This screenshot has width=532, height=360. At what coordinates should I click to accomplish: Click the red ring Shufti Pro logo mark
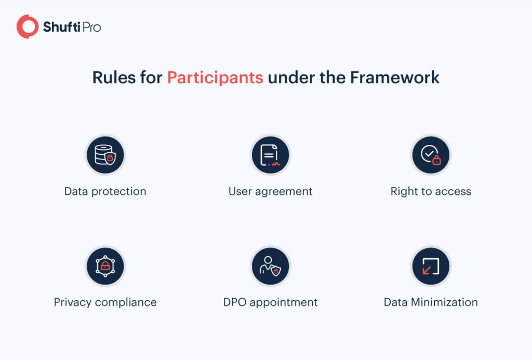pyautogui.click(x=28, y=26)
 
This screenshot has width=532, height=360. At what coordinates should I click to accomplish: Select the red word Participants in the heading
pyautogui.click(x=215, y=77)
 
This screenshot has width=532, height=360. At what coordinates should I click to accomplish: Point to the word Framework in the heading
pyautogui.click(x=395, y=77)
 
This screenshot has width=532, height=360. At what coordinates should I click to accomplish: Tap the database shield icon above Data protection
pyautogui.click(x=105, y=155)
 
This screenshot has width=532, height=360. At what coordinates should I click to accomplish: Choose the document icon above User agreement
pyautogui.click(x=270, y=155)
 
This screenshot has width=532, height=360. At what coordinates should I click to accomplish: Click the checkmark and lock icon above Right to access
pyautogui.click(x=431, y=155)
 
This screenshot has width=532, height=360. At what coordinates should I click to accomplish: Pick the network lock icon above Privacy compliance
pyautogui.click(x=105, y=266)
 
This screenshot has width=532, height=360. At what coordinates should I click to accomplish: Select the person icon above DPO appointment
pyautogui.click(x=270, y=266)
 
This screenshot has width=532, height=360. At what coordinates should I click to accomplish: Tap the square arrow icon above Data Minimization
pyautogui.click(x=431, y=266)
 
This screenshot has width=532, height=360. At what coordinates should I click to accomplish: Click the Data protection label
pyautogui.click(x=105, y=191)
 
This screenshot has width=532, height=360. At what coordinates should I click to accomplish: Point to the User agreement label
pyautogui.click(x=270, y=191)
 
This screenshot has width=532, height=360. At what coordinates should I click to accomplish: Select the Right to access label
pyautogui.click(x=431, y=191)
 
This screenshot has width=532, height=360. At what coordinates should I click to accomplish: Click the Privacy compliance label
pyautogui.click(x=105, y=302)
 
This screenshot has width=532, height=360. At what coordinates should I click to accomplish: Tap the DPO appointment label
pyautogui.click(x=270, y=302)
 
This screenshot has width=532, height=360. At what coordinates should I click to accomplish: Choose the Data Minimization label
pyautogui.click(x=431, y=302)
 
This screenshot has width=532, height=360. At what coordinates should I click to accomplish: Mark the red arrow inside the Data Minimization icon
pyautogui.click(x=427, y=270)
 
